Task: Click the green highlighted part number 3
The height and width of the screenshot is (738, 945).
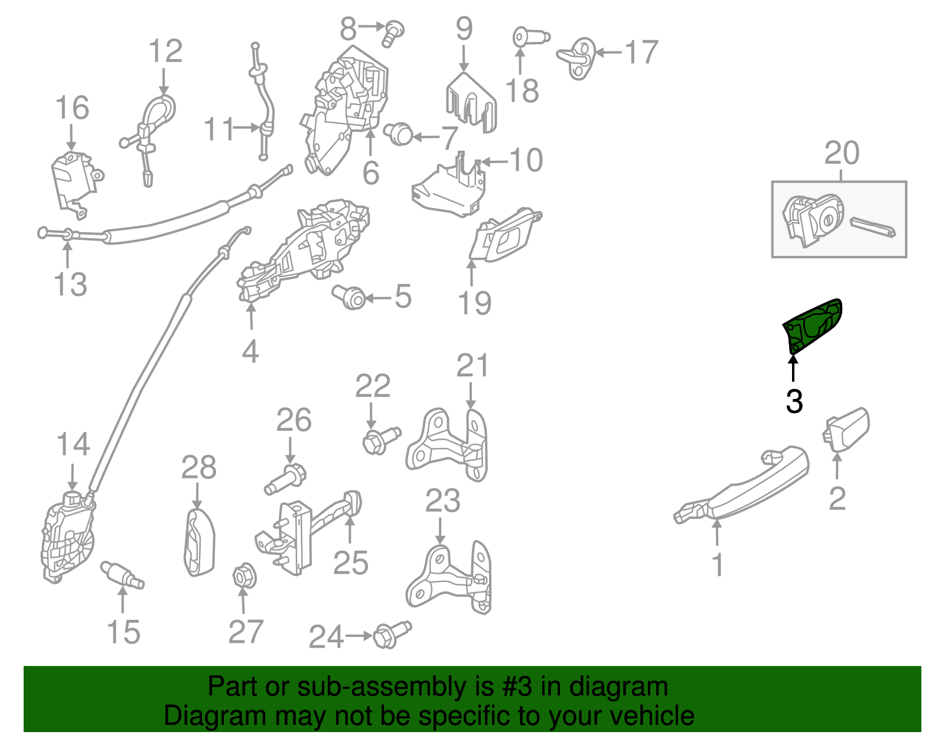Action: tap(813, 326)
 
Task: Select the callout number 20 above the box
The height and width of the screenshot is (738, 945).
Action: tap(841, 154)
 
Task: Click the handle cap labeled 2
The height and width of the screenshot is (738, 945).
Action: tap(847, 429)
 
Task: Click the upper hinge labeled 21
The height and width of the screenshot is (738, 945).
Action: tap(449, 444)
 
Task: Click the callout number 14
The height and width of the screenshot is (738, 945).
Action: tap(73, 444)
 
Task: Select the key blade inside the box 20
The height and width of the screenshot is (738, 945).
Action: tap(872, 226)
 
